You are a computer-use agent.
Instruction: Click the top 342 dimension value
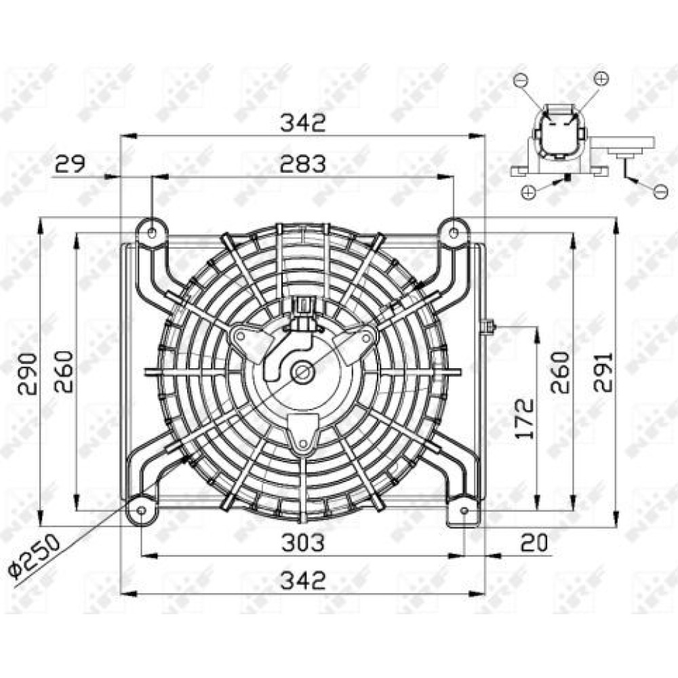(302, 123)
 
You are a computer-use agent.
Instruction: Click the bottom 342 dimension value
(302, 580)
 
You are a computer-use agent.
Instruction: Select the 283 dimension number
(302, 164)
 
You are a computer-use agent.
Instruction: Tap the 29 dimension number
(71, 163)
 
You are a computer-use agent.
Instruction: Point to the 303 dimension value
(302, 542)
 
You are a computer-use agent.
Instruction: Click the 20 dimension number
(534, 542)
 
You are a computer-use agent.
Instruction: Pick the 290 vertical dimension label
(27, 374)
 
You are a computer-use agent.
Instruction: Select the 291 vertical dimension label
(603, 372)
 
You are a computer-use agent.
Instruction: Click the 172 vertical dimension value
(525, 418)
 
